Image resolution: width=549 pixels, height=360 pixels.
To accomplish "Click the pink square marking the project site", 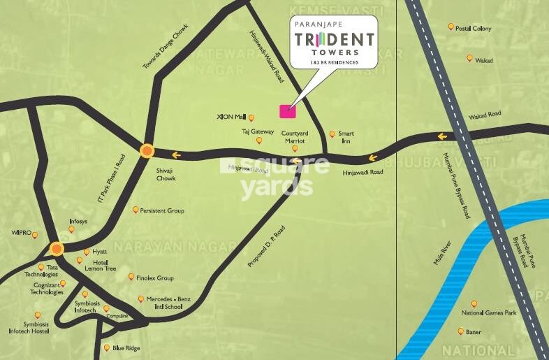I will [287, 110].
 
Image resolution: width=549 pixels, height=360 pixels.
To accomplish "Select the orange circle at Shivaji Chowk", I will [147, 150].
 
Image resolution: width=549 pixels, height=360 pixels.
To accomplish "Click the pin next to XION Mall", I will [251, 117].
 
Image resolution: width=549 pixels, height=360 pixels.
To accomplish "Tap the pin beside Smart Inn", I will [332, 133].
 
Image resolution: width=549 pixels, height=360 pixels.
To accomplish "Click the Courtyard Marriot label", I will [295, 136].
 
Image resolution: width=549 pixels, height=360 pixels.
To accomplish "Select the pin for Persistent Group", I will [136, 209].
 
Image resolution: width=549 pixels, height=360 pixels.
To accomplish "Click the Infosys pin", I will [71, 229].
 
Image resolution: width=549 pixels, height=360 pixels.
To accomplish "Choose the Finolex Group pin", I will [131, 277].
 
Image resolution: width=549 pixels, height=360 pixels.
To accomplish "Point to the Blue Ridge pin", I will [106, 347].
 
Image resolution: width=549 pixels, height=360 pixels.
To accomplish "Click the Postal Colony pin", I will [451, 27].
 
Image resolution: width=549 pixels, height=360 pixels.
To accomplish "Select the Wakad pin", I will [469, 59].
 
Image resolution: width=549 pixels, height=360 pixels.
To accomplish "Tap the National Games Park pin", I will [474, 303].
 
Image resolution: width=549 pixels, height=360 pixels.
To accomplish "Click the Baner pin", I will [461, 331].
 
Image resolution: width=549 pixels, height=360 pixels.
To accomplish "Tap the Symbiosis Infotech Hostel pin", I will [38, 315].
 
